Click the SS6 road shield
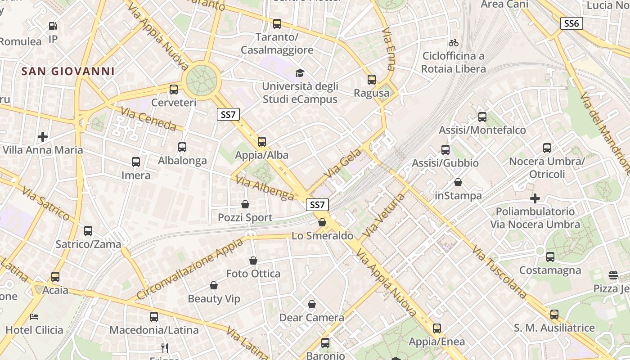571,23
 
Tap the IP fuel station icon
53,27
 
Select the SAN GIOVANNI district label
68,71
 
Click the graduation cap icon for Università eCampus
299,73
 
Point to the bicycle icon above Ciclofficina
454,43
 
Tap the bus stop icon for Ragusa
372,80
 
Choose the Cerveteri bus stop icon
174,89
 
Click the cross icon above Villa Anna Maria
43,136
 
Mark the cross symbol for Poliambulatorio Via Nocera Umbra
535,198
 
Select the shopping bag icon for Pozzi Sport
245,205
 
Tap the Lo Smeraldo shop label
322,235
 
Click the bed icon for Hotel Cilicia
34,317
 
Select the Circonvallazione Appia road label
189,269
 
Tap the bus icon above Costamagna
550,257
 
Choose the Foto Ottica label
253,274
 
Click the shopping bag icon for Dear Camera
311,305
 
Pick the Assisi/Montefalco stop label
482,130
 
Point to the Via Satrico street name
45,204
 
